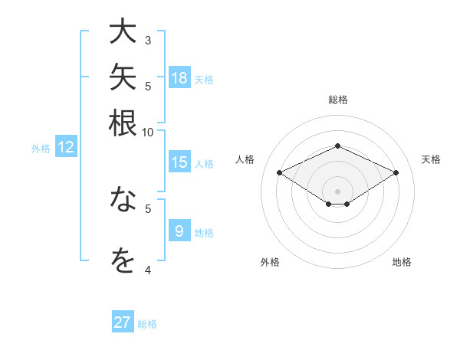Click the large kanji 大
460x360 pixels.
[123, 31]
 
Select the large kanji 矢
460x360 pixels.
[123, 77]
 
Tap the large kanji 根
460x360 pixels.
[123, 123]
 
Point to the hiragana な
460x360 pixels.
[123, 198]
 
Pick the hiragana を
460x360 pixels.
[123, 260]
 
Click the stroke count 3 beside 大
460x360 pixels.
[148, 41]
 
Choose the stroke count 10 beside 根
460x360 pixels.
[147, 133]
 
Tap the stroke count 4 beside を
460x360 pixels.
[148, 270]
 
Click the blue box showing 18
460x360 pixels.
[179, 77]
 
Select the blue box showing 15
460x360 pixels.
[179, 162]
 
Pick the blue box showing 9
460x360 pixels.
[179, 230]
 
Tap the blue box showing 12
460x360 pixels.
[66, 146]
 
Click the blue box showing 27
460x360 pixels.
[123, 321]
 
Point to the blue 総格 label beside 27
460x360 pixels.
[147, 324]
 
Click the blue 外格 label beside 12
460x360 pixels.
[41, 149]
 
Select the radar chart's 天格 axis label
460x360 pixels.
[431, 159]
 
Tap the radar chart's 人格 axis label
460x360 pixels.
[245, 159]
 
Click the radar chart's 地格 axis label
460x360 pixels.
[402, 262]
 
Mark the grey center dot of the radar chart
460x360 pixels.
[337, 191]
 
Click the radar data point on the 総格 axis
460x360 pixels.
[337, 146]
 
